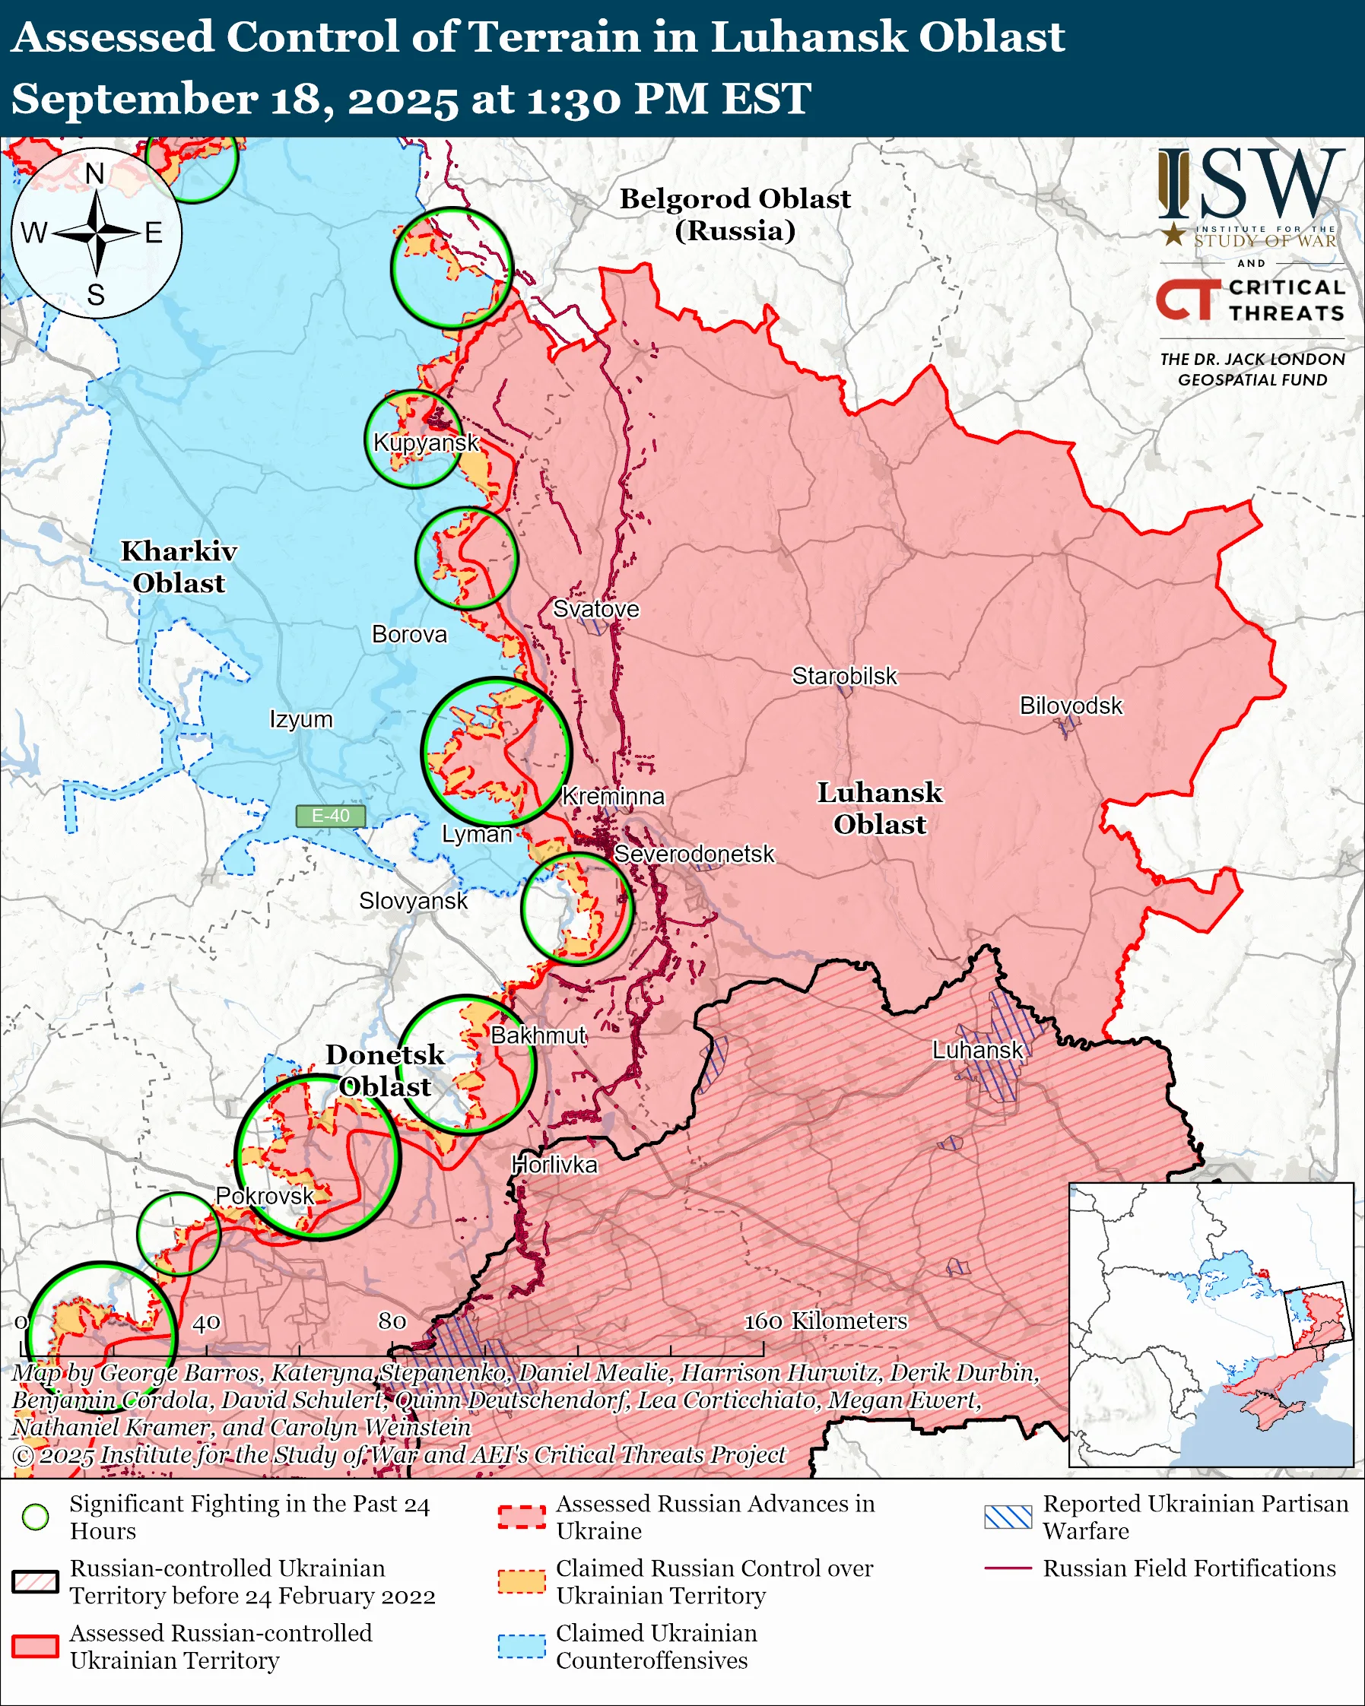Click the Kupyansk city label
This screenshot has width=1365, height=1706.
(x=426, y=442)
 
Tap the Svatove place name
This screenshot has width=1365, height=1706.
(x=595, y=608)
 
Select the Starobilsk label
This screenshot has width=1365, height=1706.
(x=844, y=676)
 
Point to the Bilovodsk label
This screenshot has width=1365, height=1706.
(x=1071, y=705)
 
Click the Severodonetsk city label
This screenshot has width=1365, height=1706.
(x=694, y=854)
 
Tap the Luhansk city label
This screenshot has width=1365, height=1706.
(x=977, y=1050)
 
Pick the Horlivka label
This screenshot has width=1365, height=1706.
(x=554, y=1165)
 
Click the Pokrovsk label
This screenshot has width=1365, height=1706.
(x=265, y=1196)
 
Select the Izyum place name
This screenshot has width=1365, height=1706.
(x=300, y=719)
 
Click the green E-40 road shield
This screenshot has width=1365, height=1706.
(x=331, y=816)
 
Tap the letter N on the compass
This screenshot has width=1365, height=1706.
(x=95, y=173)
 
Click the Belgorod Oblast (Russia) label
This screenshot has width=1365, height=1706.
(x=735, y=214)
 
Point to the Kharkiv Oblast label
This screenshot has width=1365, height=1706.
(x=179, y=566)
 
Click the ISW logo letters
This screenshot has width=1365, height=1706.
(x=1250, y=186)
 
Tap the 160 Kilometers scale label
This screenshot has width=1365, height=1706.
(x=825, y=1321)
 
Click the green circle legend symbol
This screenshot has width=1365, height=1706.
(x=36, y=1517)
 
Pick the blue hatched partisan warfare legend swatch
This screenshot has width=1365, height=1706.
(x=1008, y=1517)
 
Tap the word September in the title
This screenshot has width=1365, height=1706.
(x=135, y=100)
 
